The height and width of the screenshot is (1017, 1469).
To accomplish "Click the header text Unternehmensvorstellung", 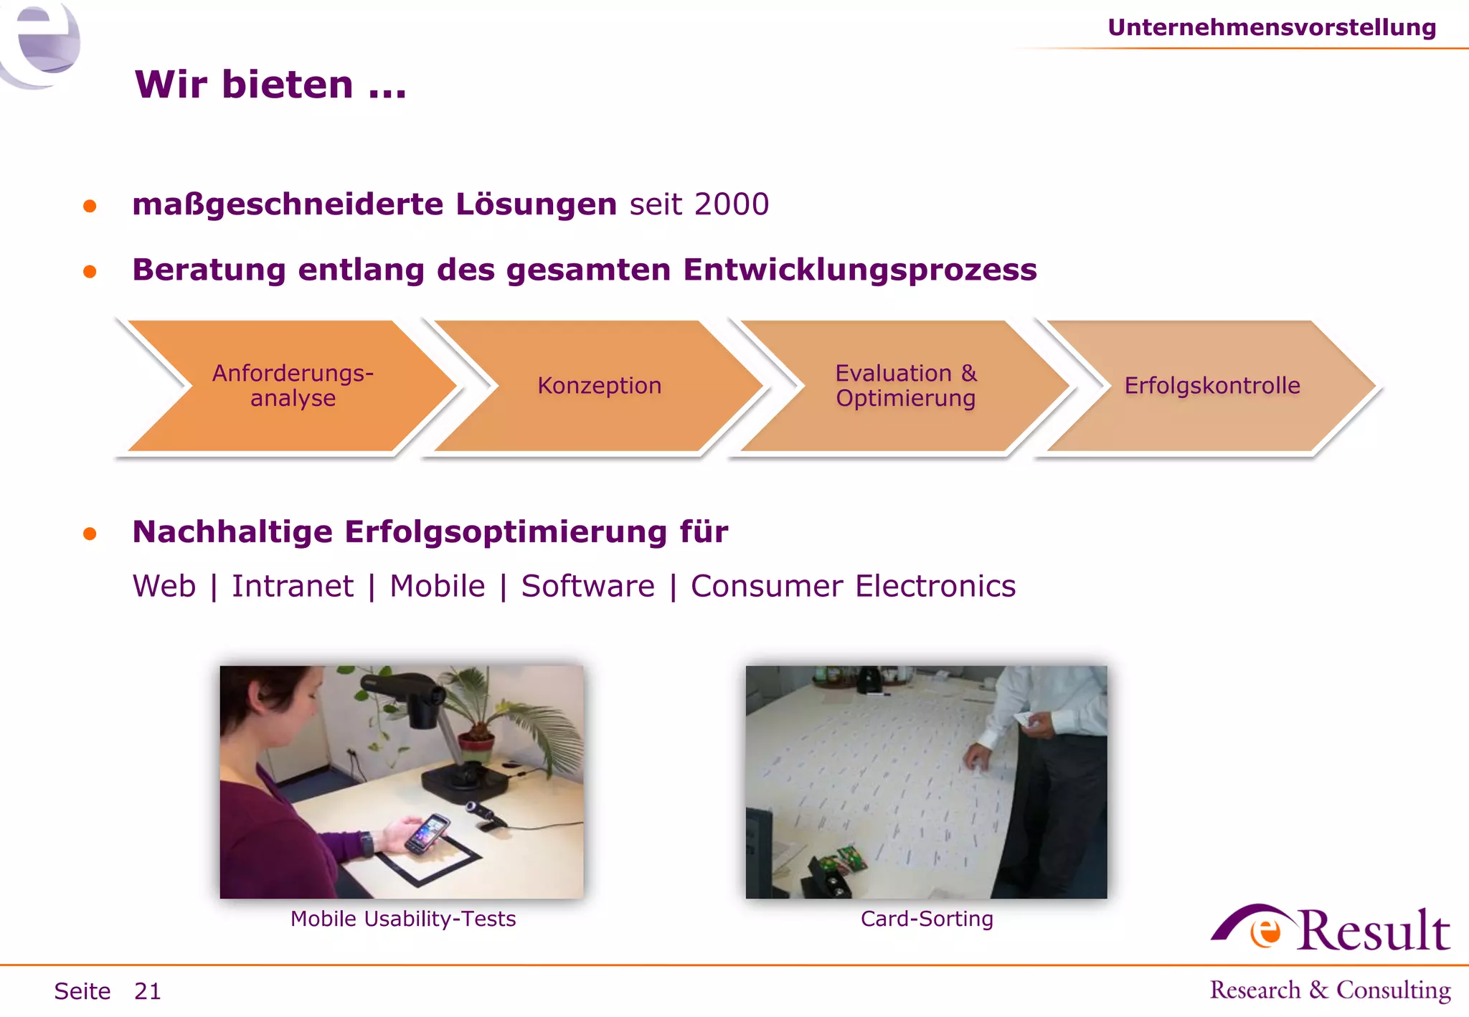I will point(1271,27).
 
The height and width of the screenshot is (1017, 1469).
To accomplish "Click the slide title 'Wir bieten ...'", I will point(270,85).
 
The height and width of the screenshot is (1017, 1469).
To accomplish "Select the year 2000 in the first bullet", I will point(731,204).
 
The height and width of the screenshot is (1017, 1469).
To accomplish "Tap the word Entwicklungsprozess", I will point(859,270).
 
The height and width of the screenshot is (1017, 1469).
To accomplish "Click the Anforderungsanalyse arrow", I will point(293,386).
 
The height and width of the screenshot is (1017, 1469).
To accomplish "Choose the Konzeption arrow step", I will point(599,386).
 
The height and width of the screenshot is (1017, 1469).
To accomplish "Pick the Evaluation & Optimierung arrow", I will point(905,386).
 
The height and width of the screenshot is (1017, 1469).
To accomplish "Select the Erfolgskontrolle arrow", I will point(1211,386).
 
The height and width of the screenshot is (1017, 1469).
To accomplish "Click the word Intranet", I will point(292,586).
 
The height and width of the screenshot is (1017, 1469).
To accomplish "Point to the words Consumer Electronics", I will point(853,586).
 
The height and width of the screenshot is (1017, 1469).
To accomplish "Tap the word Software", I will point(587,586).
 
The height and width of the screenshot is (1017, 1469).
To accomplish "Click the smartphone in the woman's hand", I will point(427,834).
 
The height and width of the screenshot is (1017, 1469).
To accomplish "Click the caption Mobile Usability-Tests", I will point(403,919).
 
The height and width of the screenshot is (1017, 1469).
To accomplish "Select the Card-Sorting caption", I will point(927,919).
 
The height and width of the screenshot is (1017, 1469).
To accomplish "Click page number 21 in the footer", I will point(148,991).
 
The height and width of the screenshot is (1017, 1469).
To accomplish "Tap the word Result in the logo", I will point(1373,931).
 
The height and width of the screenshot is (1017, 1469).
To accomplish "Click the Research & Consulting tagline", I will point(1330,990).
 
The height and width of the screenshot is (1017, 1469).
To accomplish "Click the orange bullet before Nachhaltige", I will point(90,534).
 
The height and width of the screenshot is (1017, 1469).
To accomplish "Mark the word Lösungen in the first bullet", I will point(536,204).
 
